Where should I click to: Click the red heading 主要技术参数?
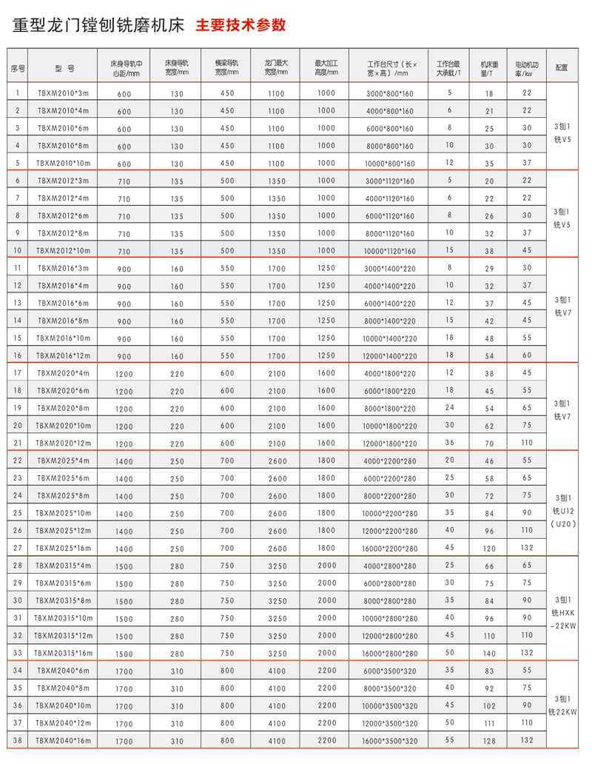(240, 25)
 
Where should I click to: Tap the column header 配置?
(561, 67)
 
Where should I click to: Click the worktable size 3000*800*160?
(390, 94)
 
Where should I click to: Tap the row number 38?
(18, 740)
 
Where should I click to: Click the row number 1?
(18, 93)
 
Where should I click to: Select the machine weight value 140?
(489, 653)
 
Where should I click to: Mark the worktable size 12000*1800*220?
(391, 443)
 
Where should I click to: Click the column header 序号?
(18, 67)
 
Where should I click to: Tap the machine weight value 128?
(489, 740)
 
